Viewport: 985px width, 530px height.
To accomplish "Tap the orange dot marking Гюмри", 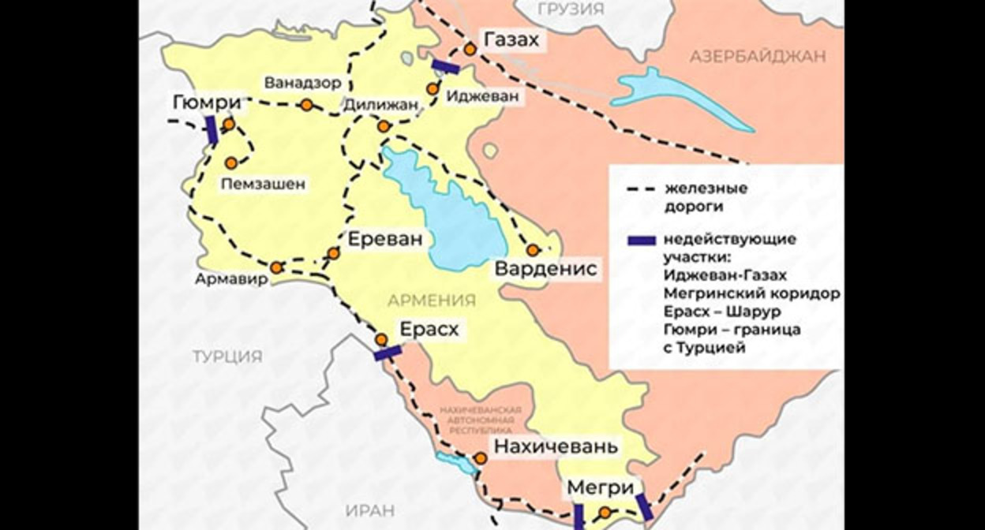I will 228,125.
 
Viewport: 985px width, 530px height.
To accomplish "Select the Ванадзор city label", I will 302,83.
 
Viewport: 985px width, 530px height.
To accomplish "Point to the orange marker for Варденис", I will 533,250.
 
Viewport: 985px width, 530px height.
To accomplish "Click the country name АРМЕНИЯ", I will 431,300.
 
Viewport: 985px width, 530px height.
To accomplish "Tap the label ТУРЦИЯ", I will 227,356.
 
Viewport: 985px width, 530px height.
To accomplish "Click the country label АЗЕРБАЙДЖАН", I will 757,56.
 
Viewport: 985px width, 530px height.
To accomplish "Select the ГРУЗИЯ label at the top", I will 570,9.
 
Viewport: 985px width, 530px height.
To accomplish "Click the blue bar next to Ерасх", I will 388,354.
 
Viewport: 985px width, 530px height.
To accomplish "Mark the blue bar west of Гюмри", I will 212,129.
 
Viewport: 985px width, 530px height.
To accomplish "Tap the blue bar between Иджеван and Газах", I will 445,67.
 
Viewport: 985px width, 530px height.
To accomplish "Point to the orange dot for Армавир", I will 276,267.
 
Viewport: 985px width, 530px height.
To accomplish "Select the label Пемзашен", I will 263,184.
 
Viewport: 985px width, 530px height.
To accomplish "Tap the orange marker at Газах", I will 470,49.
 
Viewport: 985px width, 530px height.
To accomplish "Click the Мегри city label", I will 599,489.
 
